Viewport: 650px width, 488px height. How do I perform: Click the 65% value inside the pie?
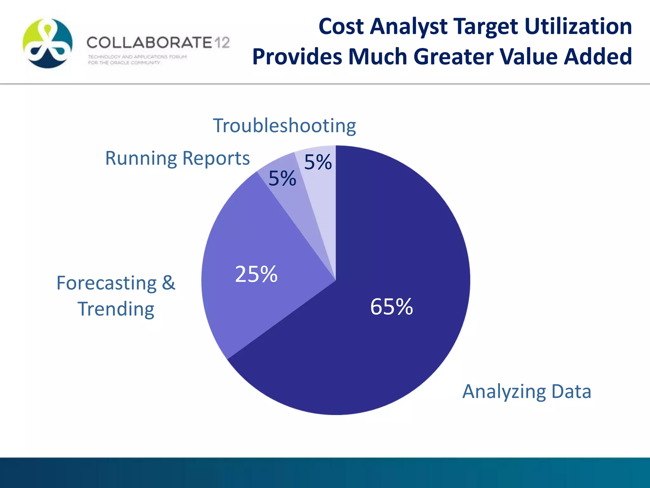[391, 307]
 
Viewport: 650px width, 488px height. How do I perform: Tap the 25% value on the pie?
[256, 274]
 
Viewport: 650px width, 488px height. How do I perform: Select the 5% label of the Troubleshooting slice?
[318, 162]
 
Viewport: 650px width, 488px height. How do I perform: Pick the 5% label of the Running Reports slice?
[282, 178]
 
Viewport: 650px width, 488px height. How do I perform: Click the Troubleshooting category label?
[284, 126]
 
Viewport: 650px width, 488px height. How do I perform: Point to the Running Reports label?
[177, 158]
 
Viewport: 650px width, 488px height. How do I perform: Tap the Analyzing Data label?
[527, 391]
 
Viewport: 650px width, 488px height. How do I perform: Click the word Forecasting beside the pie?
[107, 283]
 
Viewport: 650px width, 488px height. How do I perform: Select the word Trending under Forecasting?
[116, 309]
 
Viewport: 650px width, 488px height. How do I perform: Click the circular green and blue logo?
[48, 43]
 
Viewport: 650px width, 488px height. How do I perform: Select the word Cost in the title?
[341, 26]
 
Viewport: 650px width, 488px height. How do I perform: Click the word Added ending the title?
[598, 57]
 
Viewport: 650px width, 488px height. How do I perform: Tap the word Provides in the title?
[297, 57]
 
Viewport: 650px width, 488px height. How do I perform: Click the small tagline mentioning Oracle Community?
[124, 63]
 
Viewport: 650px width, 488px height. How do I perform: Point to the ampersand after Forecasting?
[169, 283]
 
